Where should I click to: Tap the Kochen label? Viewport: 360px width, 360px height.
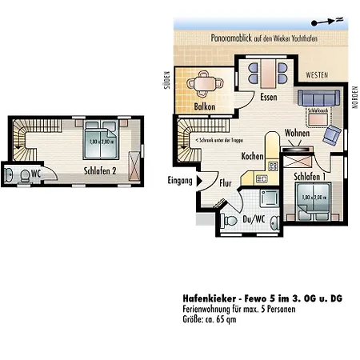pyautogui.click(x=252, y=157)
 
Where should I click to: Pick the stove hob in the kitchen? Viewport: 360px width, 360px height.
pyautogui.click(x=273, y=166)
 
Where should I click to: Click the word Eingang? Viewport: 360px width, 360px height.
pyautogui.click(x=180, y=182)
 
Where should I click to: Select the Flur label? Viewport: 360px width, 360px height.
pyautogui.click(x=226, y=183)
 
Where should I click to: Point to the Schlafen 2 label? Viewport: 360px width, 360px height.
pyautogui.click(x=101, y=170)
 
